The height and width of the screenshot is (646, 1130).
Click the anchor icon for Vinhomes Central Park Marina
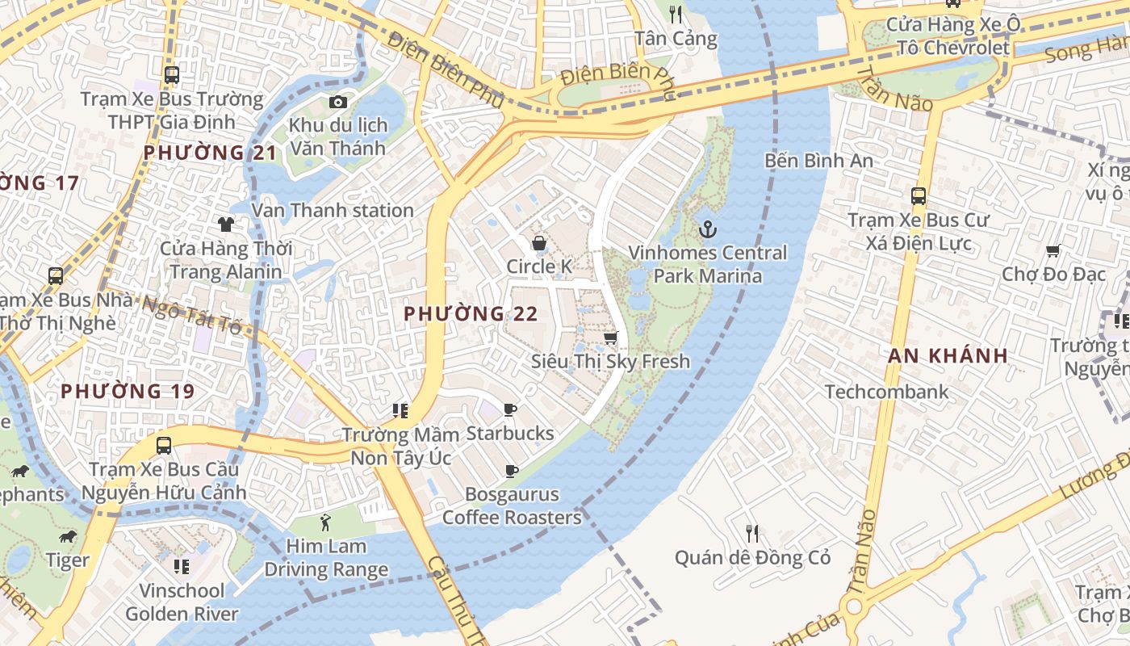coord(707,229)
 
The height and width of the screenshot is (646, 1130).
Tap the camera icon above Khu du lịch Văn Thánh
coord(337,102)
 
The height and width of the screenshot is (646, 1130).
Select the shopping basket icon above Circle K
coord(538,243)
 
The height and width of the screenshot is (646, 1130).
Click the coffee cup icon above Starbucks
coord(509,410)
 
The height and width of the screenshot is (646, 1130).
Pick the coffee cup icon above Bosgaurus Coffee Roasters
coord(510,471)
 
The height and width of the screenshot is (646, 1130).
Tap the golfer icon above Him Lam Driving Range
coord(325,522)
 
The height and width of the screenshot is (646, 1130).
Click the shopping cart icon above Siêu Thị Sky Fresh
coord(611,338)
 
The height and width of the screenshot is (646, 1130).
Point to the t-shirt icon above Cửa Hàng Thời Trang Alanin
coord(225,224)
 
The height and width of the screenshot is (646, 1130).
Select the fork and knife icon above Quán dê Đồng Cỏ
coord(752,533)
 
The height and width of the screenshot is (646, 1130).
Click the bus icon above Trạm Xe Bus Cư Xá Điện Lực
coord(918,195)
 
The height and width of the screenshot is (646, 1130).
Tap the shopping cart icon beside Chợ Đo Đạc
coord(1053,251)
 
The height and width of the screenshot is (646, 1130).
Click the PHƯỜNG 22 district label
coord(471,313)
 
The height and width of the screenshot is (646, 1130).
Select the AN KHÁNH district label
coord(948,355)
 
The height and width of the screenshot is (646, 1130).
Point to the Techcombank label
coord(886,392)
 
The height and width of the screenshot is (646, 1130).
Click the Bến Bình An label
coord(818,161)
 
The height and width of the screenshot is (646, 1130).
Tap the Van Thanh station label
coord(333,211)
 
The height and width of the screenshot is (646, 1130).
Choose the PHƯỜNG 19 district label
coord(128,392)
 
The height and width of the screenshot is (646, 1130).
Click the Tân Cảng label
coord(676,39)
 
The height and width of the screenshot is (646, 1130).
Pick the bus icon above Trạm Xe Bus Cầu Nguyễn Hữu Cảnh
coord(164,445)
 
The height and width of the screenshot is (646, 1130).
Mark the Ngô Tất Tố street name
coord(191,316)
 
